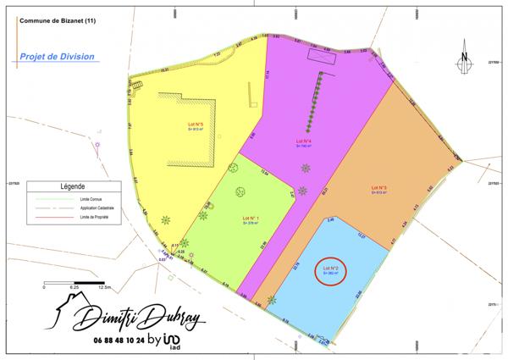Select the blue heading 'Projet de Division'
pyautogui.click(x=57, y=57)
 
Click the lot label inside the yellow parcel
pyautogui.click(x=196, y=127)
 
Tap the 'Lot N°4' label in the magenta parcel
pyautogui.click(x=304, y=142)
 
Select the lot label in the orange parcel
pyautogui.click(x=378, y=189)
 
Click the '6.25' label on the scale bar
pyautogui.click(x=74, y=287)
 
